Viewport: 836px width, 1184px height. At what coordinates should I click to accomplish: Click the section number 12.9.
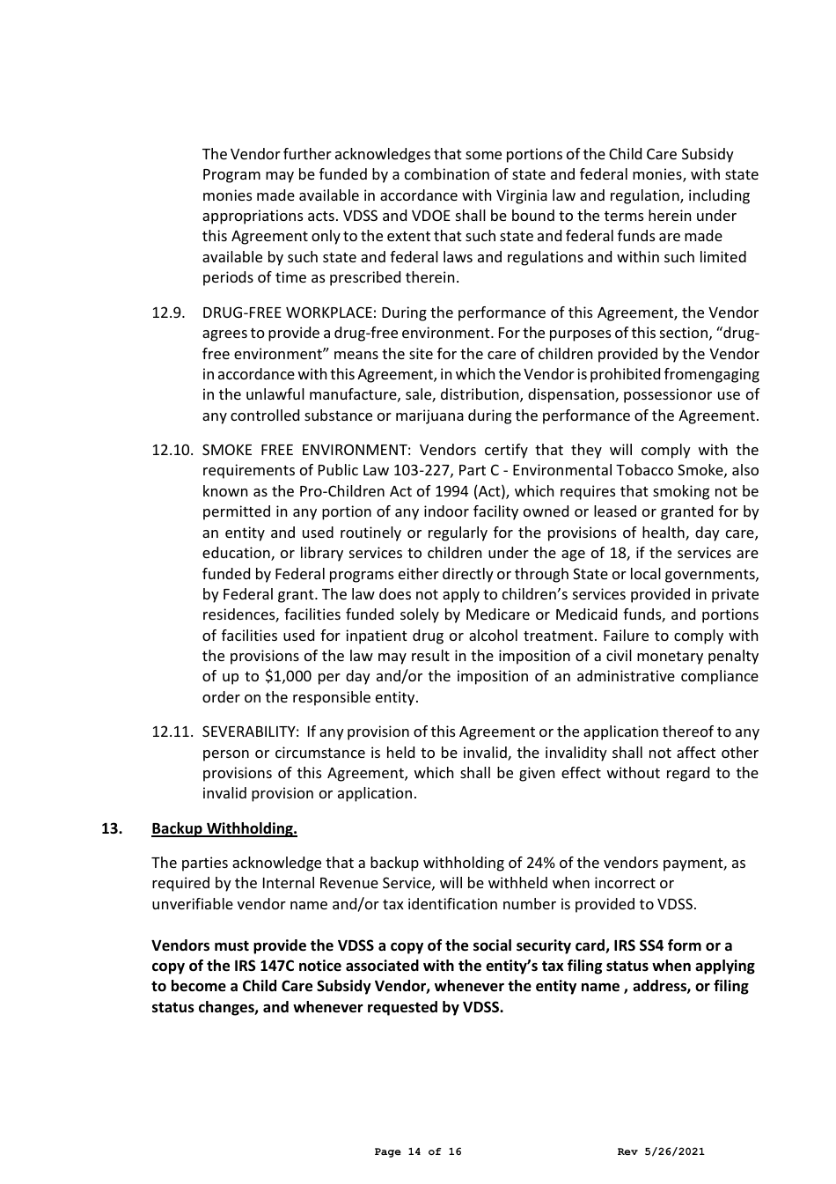point(167,313)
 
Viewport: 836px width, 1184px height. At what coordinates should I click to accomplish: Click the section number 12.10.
point(172,450)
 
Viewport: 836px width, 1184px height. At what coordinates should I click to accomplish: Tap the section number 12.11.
point(172,732)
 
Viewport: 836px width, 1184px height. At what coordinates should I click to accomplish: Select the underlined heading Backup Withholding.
point(224,828)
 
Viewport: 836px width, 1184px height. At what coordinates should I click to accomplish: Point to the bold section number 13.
point(112,828)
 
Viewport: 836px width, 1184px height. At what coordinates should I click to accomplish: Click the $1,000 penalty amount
point(290,676)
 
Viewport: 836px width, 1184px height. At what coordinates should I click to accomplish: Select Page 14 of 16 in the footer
point(417,1151)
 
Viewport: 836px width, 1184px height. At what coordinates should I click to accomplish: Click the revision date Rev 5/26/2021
point(661,1151)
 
